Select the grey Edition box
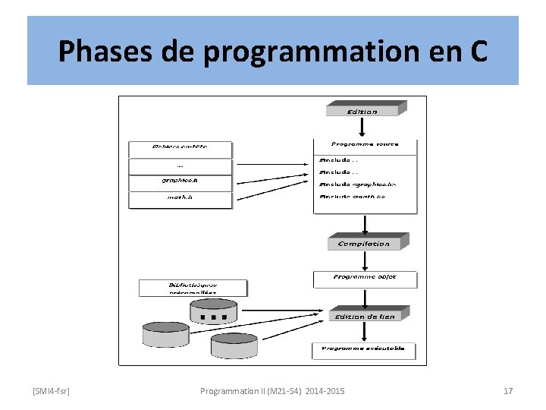tap(363, 111)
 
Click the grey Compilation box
tap(365, 243)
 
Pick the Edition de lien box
tap(365, 316)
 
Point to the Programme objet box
tap(365, 278)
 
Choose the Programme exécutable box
tap(364, 349)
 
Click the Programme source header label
tap(365, 144)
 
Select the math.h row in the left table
tap(180, 199)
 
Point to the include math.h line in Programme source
tap(353, 197)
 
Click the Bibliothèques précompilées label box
tap(193, 288)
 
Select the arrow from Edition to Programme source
tap(365, 127)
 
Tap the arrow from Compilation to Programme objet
tap(365, 260)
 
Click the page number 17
tap(508, 391)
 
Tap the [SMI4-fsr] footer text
tap(52, 391)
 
